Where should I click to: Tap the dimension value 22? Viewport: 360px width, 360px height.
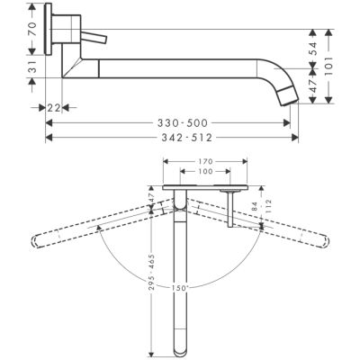pyautogui.click(x=54, y=107)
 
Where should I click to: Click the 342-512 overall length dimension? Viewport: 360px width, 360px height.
pyautogui.click(x=170, y=139)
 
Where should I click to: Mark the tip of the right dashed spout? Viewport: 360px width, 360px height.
pyautogui.click(x=324, y=241)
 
